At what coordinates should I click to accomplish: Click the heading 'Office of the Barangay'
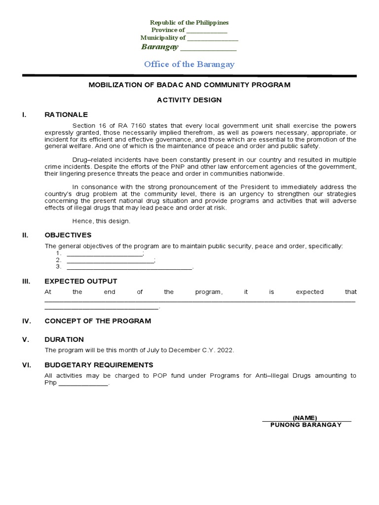pos(189,64)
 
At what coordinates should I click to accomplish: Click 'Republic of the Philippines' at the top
pos(189,23)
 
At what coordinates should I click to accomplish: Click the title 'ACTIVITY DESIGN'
pos(189,100)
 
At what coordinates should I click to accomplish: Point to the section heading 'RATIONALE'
pos(66,114)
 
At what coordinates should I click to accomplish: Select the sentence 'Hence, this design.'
pos(101,221)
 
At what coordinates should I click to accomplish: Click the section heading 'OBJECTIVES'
pos(68,235)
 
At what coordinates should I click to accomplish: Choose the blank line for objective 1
pos(104,253)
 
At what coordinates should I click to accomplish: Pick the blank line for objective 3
pos(129,267)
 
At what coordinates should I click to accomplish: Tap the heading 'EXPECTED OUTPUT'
pos(81,281)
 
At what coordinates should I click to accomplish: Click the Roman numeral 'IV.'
pos(27,321)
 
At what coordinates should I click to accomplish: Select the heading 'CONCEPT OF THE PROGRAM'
pos(98,321)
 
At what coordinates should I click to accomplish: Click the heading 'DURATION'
pos(64,339)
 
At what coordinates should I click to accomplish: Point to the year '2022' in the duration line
pos(225,350)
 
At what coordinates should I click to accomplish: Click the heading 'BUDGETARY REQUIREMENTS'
pos(99,365)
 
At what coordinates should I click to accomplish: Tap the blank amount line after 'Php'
pos(83,384)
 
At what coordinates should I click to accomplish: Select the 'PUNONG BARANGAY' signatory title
pos(306,425)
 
